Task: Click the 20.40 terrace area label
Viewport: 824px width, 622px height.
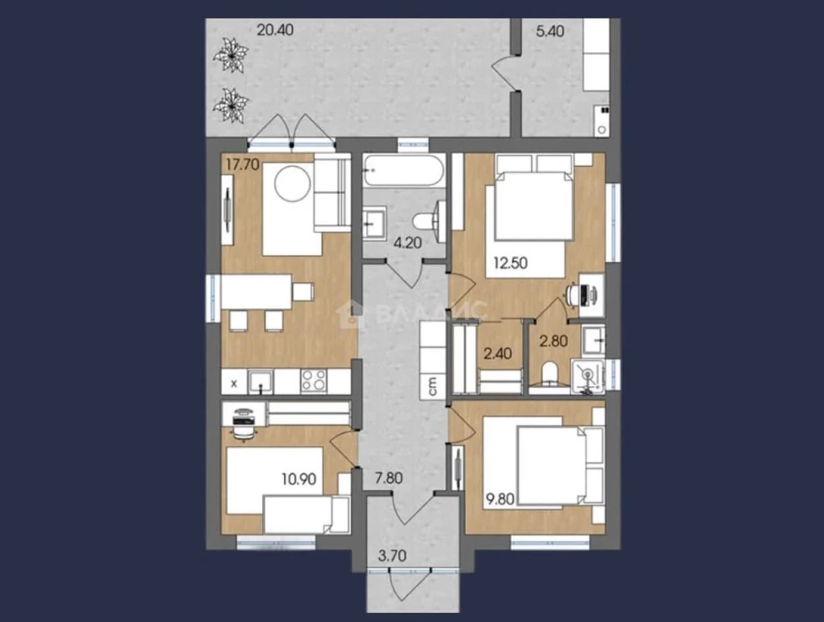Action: click(275, 30)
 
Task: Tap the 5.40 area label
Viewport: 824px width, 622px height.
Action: click(550, 31)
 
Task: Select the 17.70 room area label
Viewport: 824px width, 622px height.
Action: click(242, 165)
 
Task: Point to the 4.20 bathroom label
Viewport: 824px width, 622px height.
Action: click(407, 243)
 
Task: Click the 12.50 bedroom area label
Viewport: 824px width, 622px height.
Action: click(510, 263)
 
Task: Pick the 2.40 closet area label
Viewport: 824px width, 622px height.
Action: click(497, 353)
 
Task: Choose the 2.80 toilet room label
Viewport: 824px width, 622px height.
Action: click(553, 341)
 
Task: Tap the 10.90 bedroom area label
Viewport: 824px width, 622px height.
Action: click(299, 479)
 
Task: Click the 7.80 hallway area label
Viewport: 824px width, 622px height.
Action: click(388, 478)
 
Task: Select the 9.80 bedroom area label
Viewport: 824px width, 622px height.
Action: click(500, 499)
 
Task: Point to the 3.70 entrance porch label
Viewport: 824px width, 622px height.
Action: click(392, 556)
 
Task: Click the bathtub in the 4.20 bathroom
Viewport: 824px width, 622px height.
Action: click(404, 171)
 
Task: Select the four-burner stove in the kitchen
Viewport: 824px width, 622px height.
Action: click(313, 381)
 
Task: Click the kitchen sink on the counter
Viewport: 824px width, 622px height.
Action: click(260, 382)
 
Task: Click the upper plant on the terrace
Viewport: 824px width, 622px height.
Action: click(231, 55)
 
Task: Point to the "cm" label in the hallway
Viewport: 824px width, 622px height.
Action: click(432, 386)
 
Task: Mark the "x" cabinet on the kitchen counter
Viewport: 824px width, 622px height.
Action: click(234, 384)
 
